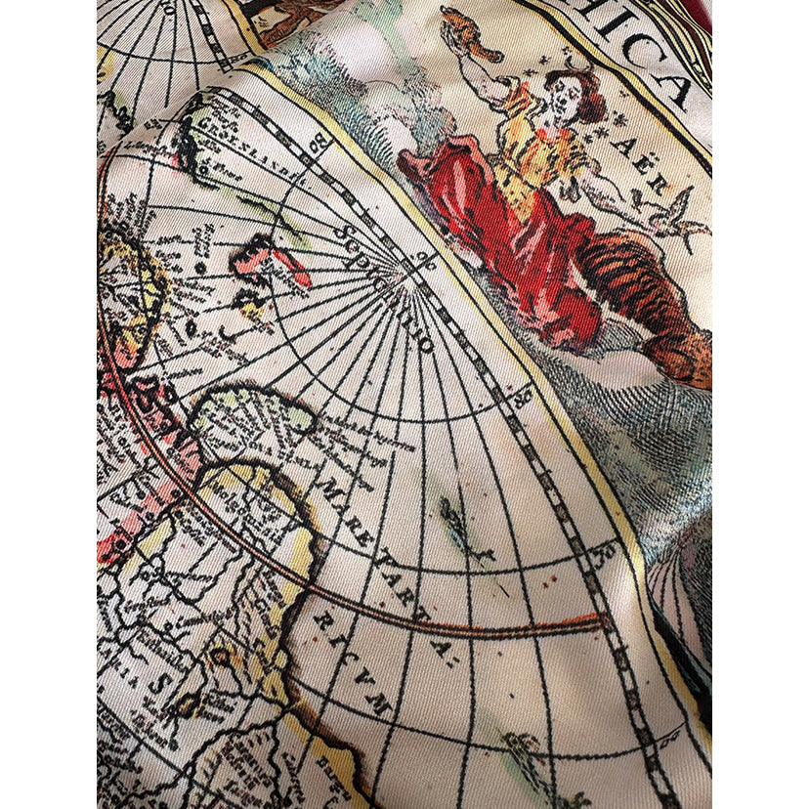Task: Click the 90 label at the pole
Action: [422, 258]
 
